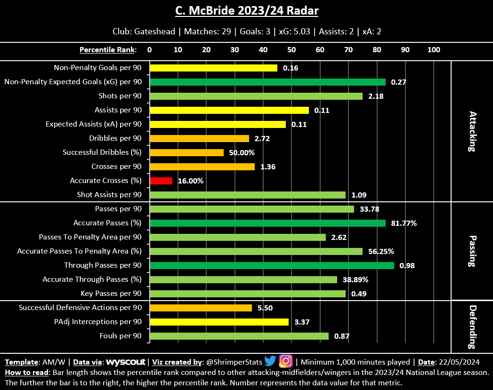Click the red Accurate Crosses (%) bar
click(161, 181)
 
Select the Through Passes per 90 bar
click(272, 265)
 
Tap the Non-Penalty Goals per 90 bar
click(213, 68)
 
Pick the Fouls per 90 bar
click(239, 336)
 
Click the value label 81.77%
click(404, 223)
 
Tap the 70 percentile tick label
click(348, 49)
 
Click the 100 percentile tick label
click(433, 49)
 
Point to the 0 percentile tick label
click(149, 49)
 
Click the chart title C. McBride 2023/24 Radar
click(246, 10)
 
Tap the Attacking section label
click(472, 131)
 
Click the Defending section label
click(472, 326)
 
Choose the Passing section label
click(472, 251)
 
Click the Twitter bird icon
click(270, 361)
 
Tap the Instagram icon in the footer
click(286, 361)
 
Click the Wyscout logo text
click(125, 362)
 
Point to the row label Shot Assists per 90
click(109, 195)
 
